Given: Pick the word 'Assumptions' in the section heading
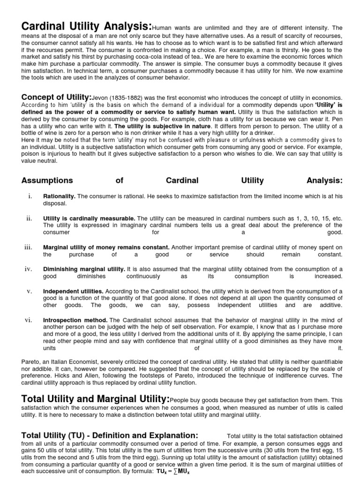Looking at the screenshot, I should (x=47, y=180).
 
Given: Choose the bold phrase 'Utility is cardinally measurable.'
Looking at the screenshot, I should (x=89, y=218).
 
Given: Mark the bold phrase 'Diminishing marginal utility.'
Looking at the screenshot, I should (x=84, y=269).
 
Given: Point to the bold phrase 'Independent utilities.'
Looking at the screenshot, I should (x=73, y=291).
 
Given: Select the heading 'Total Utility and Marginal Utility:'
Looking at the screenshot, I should (x=96, y=399).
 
